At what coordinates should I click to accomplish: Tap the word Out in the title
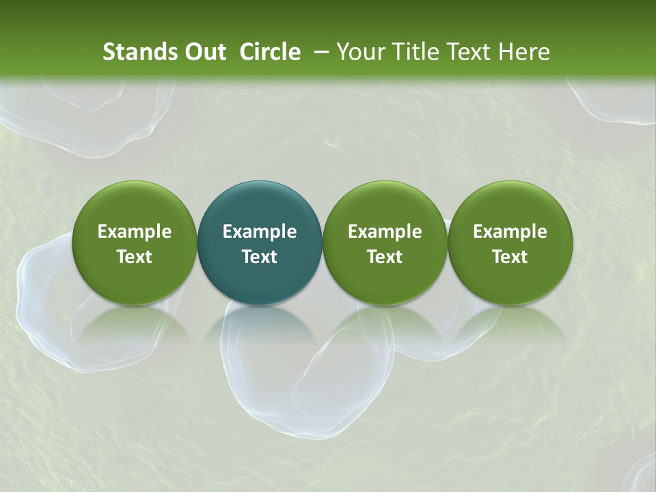[203, 52]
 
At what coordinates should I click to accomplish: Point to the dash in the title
[319, 53]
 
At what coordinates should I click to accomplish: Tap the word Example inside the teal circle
[260, 232]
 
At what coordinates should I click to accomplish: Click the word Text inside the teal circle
[260, 257]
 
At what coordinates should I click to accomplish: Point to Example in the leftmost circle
[134, 232]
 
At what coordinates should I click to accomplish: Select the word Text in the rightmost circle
[510, 257]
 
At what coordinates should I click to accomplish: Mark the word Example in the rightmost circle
[510, 232]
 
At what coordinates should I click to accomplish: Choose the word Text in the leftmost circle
[134, 257]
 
